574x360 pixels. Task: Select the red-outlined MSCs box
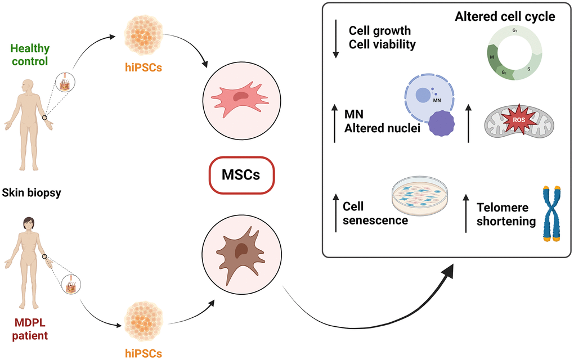241,174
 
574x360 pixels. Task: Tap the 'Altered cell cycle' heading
505,17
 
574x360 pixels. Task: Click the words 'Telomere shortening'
506,214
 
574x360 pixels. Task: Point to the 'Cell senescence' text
375,213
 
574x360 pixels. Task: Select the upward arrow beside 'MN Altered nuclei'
336,123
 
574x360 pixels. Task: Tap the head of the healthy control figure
27,86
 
